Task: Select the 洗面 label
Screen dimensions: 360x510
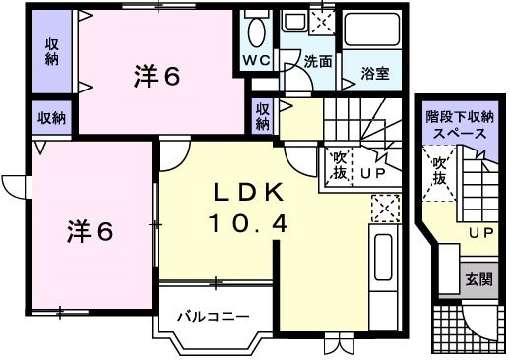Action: [x=317, y=61]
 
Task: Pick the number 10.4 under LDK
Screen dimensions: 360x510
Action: [x=247, y=224]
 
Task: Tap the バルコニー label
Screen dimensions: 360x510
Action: [x=213, y=317]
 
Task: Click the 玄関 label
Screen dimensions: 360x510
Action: [x=478, y=277]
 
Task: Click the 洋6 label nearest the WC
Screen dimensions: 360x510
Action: [x=157, y=77]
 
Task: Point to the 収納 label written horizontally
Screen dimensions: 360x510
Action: [x=51, y=118]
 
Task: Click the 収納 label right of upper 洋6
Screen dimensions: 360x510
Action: [x=263, y=116]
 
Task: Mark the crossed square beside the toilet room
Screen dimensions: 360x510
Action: [x=321, y=19]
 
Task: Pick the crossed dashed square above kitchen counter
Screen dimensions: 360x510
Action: [x=383, y=207]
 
